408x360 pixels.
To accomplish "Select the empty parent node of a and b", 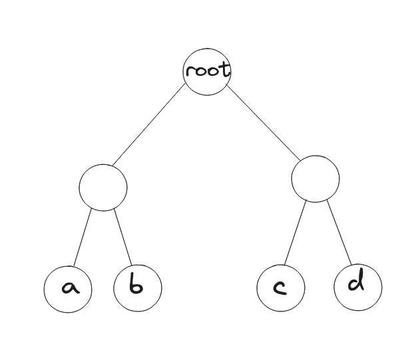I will (x=103, y=187).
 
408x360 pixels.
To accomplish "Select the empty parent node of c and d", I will (x=315, y=178).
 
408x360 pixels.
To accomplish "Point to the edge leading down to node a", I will (x=82, y=238).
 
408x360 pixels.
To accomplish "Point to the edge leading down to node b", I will (x=123, y=237).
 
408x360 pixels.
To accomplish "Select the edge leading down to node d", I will (x=339, y=232).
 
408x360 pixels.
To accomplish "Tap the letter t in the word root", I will (x=226, y=69).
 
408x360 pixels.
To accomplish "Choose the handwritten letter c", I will (x=280, y=287).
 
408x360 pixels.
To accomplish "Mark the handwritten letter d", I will (x=357, y=282).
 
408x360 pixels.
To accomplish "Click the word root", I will (x=208, y=69).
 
